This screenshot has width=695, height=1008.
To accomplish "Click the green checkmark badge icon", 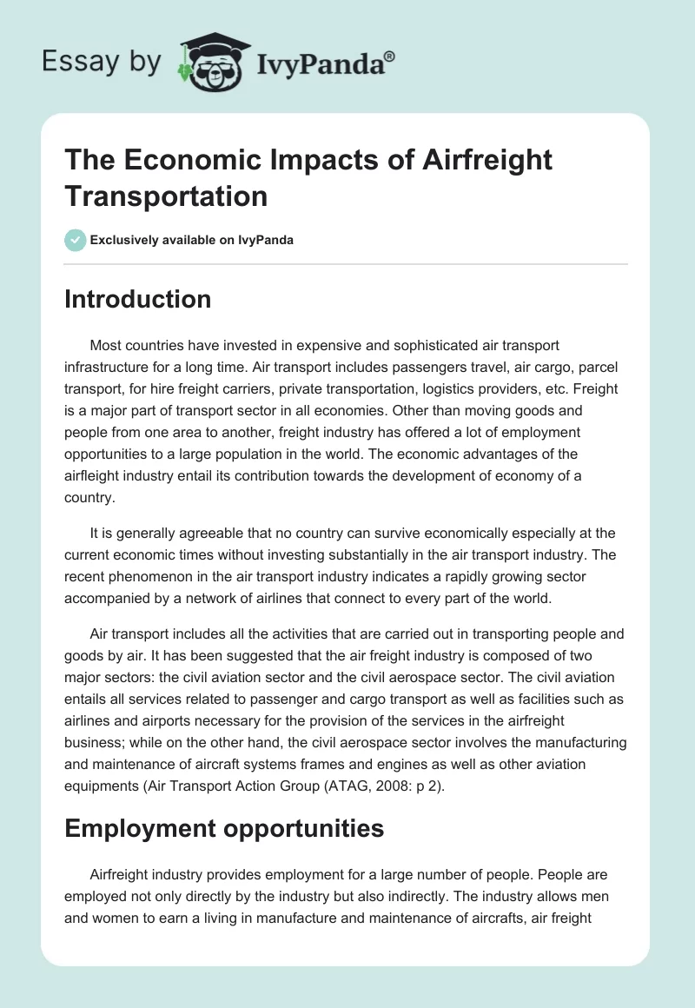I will click(76, 240).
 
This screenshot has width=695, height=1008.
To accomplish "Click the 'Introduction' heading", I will click(138, 299).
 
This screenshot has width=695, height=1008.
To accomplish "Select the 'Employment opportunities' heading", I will click(224, 828).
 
